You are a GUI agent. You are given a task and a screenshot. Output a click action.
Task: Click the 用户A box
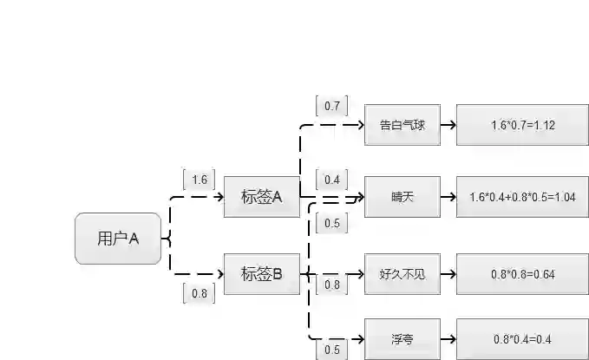pyautogui.click(x=118, y=238)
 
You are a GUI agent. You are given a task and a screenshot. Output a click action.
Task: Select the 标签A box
pyautogui.click(x=261, y=197)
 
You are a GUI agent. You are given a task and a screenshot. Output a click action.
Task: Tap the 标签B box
pyautogui.click(x=261, y=274)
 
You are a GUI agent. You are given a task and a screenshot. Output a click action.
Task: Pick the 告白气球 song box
pyautogui.click(x=402, y=125)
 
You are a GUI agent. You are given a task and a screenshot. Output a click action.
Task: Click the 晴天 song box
pyautogui.click(x=402, y=197)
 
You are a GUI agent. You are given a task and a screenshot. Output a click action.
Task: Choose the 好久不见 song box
pyautogui.click(x=402, y=274)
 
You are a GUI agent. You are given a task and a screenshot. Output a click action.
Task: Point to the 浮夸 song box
pyautogui.click(x=402, y=338)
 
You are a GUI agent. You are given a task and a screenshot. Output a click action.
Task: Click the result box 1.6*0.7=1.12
pyautogui.click(x=522, y=125)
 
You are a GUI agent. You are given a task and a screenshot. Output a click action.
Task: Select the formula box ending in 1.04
pyautogui.click(x=522, y=197)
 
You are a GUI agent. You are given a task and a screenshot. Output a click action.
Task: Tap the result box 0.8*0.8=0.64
pyautogui.click(x=522, y=274)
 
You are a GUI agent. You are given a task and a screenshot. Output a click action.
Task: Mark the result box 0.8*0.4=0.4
pyautogui.click(x=522, y=338)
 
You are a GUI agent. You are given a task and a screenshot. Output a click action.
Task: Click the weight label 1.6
pyautogui.click(x=200, y=180)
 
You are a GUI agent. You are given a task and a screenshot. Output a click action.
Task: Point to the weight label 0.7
pyautogui.click(x=332, y=106)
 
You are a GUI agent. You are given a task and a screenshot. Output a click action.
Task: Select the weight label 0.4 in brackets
pyautogui.click(x=332, y=180)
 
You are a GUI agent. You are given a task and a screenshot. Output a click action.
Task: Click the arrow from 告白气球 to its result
pyautogui.click(x=448, y=125)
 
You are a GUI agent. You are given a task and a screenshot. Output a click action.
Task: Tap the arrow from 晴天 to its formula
pyautogui.click(x=448, y=197)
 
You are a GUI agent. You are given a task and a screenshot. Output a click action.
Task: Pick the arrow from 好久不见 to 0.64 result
pyautogui.click(x=448, y=274)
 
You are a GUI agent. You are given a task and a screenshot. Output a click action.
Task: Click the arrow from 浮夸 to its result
pyautogui.click(x=448, y=338)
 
